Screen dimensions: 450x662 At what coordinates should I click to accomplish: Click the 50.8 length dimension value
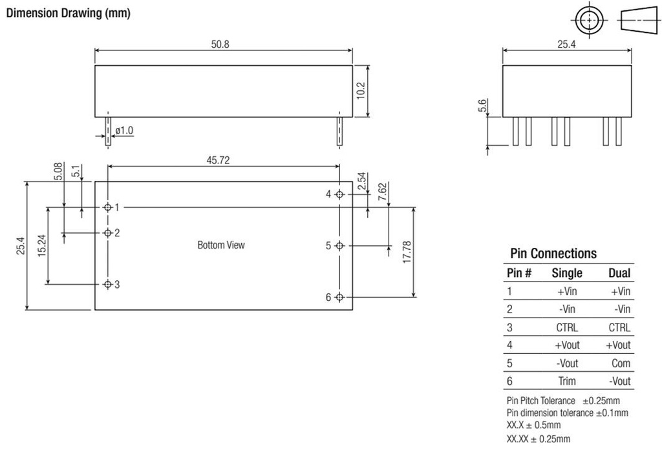[x=224, y=45]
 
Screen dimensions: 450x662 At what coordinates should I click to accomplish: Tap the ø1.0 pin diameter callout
[x=123, y=130]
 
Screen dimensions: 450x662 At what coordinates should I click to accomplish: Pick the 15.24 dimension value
[x=41, y=246]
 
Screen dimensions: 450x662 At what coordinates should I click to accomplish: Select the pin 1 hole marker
[x=108, y=207]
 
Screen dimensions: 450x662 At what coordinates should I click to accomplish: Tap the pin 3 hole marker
[x=108, y=284]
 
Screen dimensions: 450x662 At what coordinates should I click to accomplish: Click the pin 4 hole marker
[x=340, y=194]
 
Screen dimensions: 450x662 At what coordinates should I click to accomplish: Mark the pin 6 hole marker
[x=340, y=297]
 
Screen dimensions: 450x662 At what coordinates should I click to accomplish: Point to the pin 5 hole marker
[x=340, y=245]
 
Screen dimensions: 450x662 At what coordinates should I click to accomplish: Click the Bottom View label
[x=221, y=245]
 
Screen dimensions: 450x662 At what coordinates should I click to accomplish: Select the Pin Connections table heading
[x=553, y=254]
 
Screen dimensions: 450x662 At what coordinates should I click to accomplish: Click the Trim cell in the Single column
[x=566, y=381]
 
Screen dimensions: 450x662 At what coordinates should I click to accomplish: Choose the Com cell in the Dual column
[x=621, y=363]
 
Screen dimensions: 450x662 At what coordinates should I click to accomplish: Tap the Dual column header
[x=619, y=273]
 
